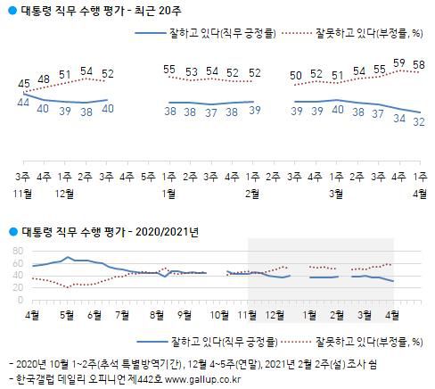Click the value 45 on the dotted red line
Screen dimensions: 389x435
25,86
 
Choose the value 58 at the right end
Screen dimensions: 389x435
417,65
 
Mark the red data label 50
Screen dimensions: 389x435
294,76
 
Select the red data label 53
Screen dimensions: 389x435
190,71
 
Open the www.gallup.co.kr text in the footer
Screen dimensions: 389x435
191,379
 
